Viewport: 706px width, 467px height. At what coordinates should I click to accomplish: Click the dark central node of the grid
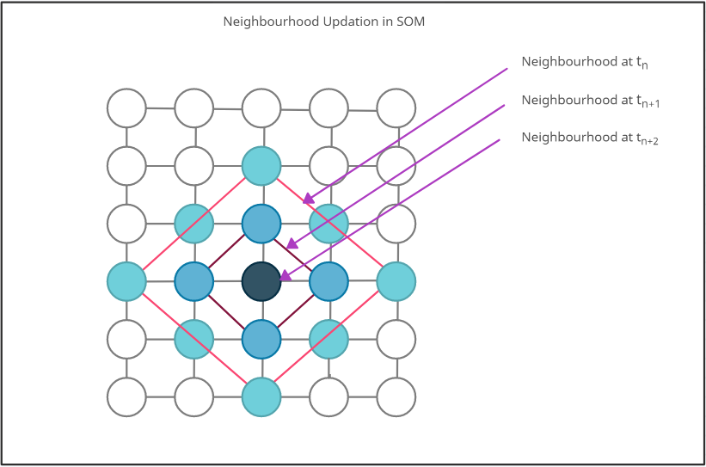[x=261, y=281]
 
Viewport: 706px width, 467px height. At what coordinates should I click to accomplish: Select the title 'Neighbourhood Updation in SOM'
[x=323, y=22]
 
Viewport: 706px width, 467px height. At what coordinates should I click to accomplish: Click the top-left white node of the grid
[x=126, y=108]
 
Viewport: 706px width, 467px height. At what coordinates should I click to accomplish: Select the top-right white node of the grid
[x=396, y=108]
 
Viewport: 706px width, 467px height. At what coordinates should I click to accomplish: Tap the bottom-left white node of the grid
[x=126, y=397]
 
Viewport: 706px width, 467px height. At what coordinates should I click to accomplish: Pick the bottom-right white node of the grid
[x=396, y=397]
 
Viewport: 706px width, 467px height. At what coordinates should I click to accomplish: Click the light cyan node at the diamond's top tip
[x=261, y=166]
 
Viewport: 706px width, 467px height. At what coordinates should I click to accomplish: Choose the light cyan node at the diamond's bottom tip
[x=261, y=397]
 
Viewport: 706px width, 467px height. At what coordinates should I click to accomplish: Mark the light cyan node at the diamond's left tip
[x=126, y=281]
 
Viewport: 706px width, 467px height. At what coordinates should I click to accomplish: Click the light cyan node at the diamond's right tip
[x=396, y=281]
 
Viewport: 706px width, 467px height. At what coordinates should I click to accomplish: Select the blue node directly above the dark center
[x=261, y=224]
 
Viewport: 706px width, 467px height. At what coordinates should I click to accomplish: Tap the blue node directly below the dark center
[x=261, y=339]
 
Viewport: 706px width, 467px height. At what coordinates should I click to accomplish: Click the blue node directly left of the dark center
[x=194, y=281]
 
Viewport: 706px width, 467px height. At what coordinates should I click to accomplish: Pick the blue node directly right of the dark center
[x=328, y=281]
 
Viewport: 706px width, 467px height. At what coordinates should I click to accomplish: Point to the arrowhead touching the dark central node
[x=285, y=275]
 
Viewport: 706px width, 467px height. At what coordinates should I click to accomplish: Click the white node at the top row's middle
[x=261, y=108]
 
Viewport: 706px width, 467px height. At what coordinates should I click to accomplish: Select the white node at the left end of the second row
[x=126, y=166]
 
